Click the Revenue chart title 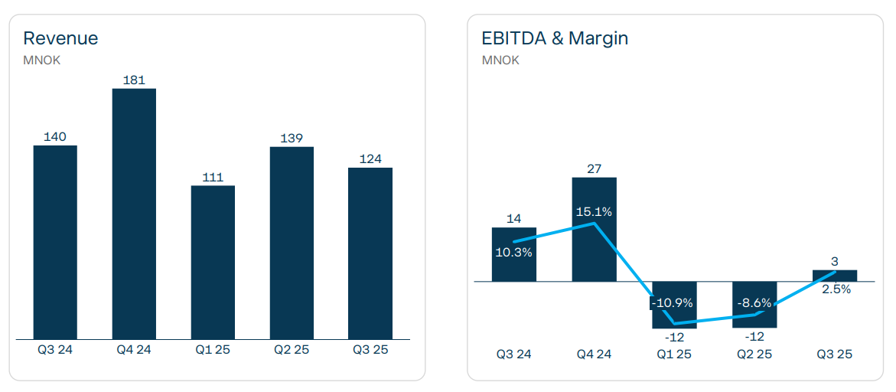point(60,38)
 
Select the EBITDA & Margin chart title point(555,38)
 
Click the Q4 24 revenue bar point(134,214)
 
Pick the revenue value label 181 point(134,80)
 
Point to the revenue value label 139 point(292,139)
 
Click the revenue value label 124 point(370,159)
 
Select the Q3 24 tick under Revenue point(55,350)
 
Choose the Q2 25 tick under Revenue point(292,350)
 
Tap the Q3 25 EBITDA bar point(835,276)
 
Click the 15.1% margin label point(594,212)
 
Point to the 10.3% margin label point(513,251)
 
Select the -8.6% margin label point(754,302)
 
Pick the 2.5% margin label point(835,289)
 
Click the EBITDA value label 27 point(595,168)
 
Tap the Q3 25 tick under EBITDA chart point(834,354)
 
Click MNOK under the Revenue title point(41,60)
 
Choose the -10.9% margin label point(673,302)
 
